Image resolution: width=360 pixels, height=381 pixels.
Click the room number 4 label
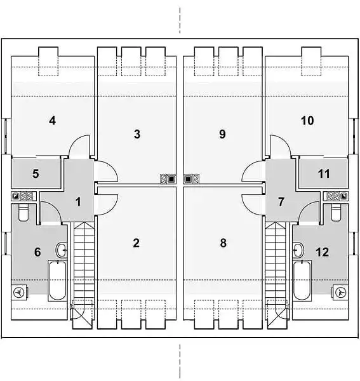coord(52,121)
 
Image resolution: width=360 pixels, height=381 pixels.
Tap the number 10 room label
coord(307,121)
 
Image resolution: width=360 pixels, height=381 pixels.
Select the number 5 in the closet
coord(36,173)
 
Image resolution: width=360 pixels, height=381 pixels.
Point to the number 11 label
coord(324,173)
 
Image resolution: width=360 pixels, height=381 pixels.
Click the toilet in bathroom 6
coord(23,212)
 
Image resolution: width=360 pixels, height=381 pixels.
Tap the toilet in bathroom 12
coord(337,212)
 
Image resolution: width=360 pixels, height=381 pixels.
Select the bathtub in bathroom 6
coord(57,281)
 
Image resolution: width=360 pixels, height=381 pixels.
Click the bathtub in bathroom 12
coord(302,281)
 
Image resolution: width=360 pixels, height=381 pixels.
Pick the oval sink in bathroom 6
coord(62,250)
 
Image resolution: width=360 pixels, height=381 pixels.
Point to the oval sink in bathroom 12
coord(298,250)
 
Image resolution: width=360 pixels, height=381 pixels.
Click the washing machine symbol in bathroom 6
coord(18,292)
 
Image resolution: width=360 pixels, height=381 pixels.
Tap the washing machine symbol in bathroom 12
coord(340,292)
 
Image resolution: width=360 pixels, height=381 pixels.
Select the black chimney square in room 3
coord(171,179)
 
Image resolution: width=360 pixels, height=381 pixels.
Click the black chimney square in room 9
coord(188,179)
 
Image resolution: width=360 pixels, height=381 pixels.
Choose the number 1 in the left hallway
coord(78,202)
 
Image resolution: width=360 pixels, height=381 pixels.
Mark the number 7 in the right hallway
coord(281,202)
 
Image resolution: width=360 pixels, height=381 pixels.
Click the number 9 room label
coord(222,134)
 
